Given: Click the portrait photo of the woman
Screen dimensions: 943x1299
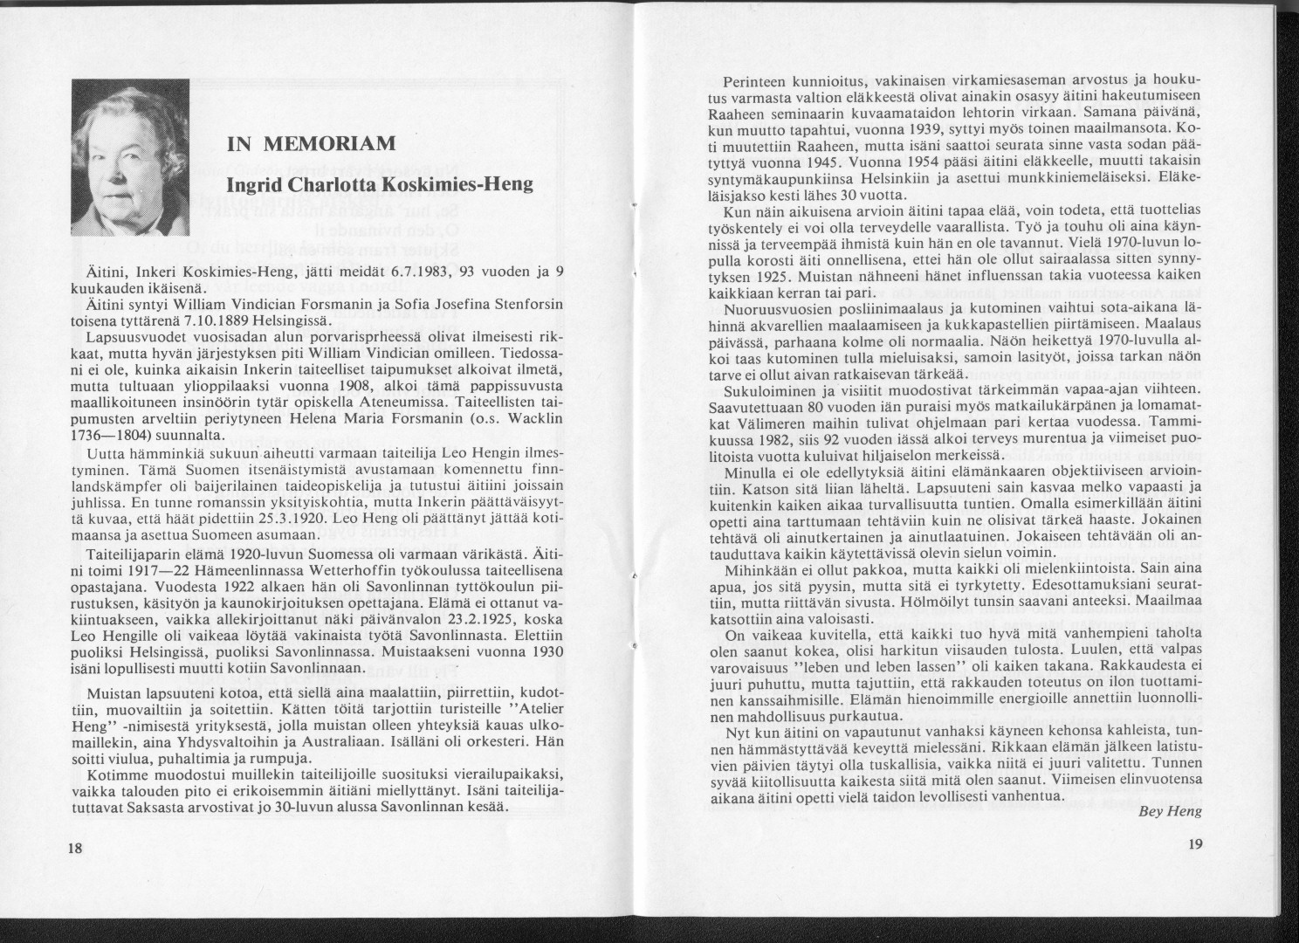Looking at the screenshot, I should (130, 158).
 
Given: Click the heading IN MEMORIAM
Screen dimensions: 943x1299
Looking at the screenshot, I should (311, 144).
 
